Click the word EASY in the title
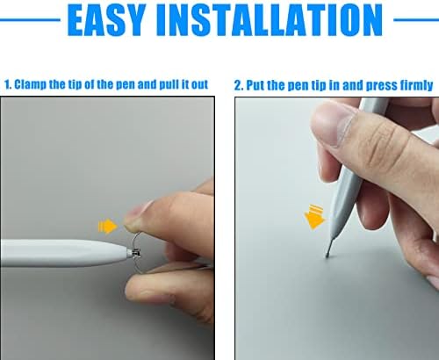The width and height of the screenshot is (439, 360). (x=106, y=20)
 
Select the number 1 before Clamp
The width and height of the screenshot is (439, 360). (x=7, y=84)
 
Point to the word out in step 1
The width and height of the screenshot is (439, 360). (x=199, y=85)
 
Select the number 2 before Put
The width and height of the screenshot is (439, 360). (x=238, y=86)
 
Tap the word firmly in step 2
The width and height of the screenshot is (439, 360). (x=415, y=86)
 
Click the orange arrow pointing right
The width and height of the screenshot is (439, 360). (x=107, y=226)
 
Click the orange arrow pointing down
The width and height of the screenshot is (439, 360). (x=314, y=217)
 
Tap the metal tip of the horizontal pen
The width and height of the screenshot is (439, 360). (x=135, y=253)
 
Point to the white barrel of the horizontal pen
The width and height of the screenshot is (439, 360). (x=64, y=253)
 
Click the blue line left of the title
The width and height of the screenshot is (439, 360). (x=30, y=20)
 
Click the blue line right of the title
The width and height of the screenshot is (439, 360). (x=416, y=20)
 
